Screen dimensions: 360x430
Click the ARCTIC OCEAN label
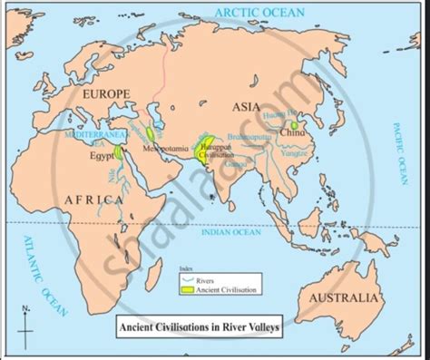[259, 12]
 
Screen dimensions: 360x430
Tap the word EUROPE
[107, 93]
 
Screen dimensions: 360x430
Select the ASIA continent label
[246, 106]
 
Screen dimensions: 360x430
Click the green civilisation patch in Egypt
[120, 154]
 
